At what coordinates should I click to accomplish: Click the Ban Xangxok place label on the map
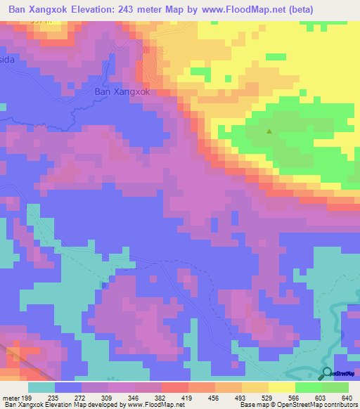tap(122, 91)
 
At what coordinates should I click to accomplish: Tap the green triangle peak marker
tap(269, 131)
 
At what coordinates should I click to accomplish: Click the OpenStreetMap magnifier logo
tap(326, 373)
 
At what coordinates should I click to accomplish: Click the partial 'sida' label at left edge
tap(8, 61)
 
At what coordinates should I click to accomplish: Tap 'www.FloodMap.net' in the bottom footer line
tap(153, 405)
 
